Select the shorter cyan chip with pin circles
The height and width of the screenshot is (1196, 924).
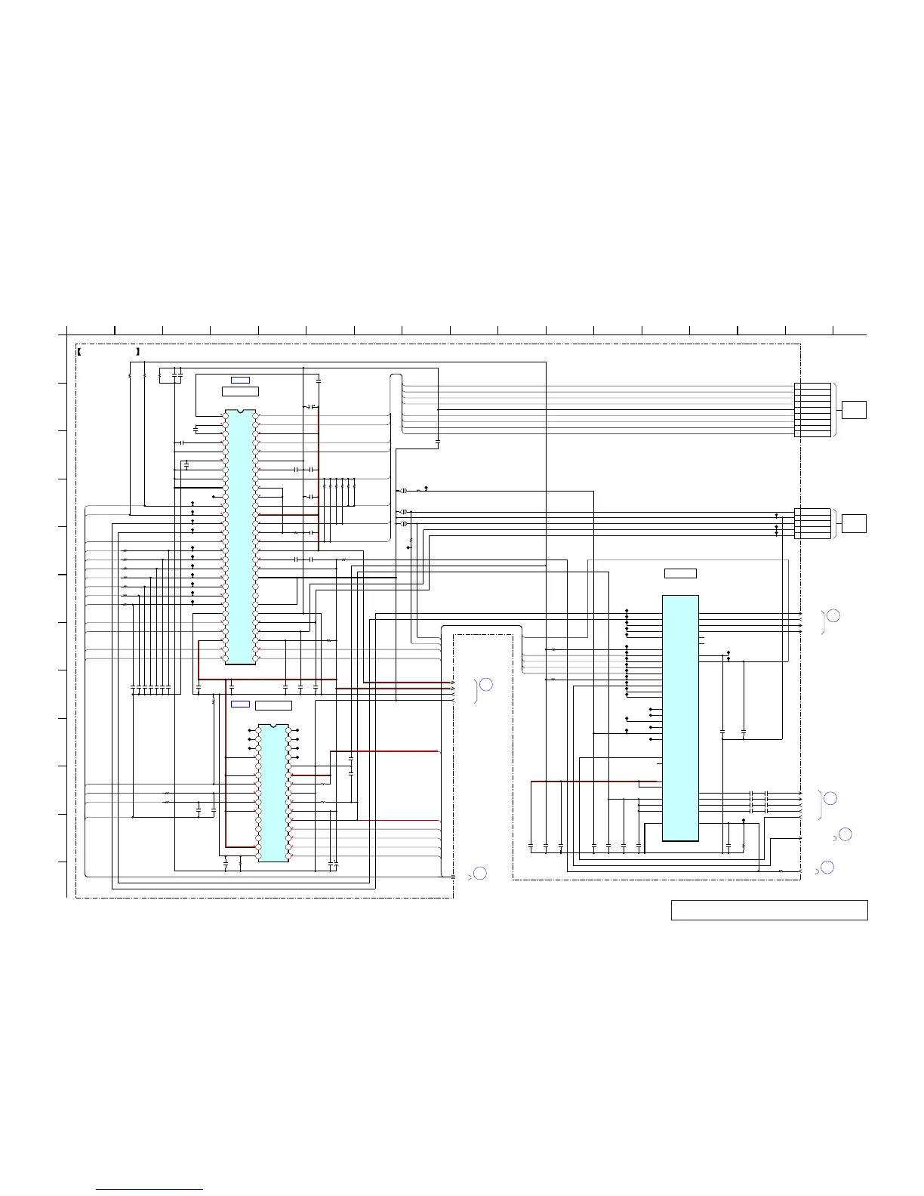[x=273, y=793]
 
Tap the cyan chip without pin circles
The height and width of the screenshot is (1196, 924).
[x=680, y=717]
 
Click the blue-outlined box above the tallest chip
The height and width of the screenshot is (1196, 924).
[x=240, y=379]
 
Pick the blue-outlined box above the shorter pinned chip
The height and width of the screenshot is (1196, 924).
[x=240, y=704]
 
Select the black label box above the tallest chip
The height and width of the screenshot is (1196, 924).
[x=240, y=391]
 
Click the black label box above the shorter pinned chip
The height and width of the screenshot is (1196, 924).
[x=273, y=705]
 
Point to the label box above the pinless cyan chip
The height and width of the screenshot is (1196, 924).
[x=680, y=573]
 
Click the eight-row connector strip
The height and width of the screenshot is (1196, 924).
[x=812, y=410]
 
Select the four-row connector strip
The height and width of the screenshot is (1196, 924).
[x=812, y=523]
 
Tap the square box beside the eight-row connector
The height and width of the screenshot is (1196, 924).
[x=854, y=410]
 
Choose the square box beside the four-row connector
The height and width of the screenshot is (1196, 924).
[x=854, y=523]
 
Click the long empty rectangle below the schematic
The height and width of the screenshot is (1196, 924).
[x=769, y=910]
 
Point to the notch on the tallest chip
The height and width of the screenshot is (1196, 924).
[x=241, y=412]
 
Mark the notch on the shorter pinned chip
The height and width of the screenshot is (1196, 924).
[x=273, y=726]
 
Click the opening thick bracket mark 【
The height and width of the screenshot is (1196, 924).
[x=80, y=352]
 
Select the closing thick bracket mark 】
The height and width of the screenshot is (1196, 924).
[x=138, y=352]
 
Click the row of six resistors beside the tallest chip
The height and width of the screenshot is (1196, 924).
[x=338, y=484]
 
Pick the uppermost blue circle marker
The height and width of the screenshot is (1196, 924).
[x=833, y=615]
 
